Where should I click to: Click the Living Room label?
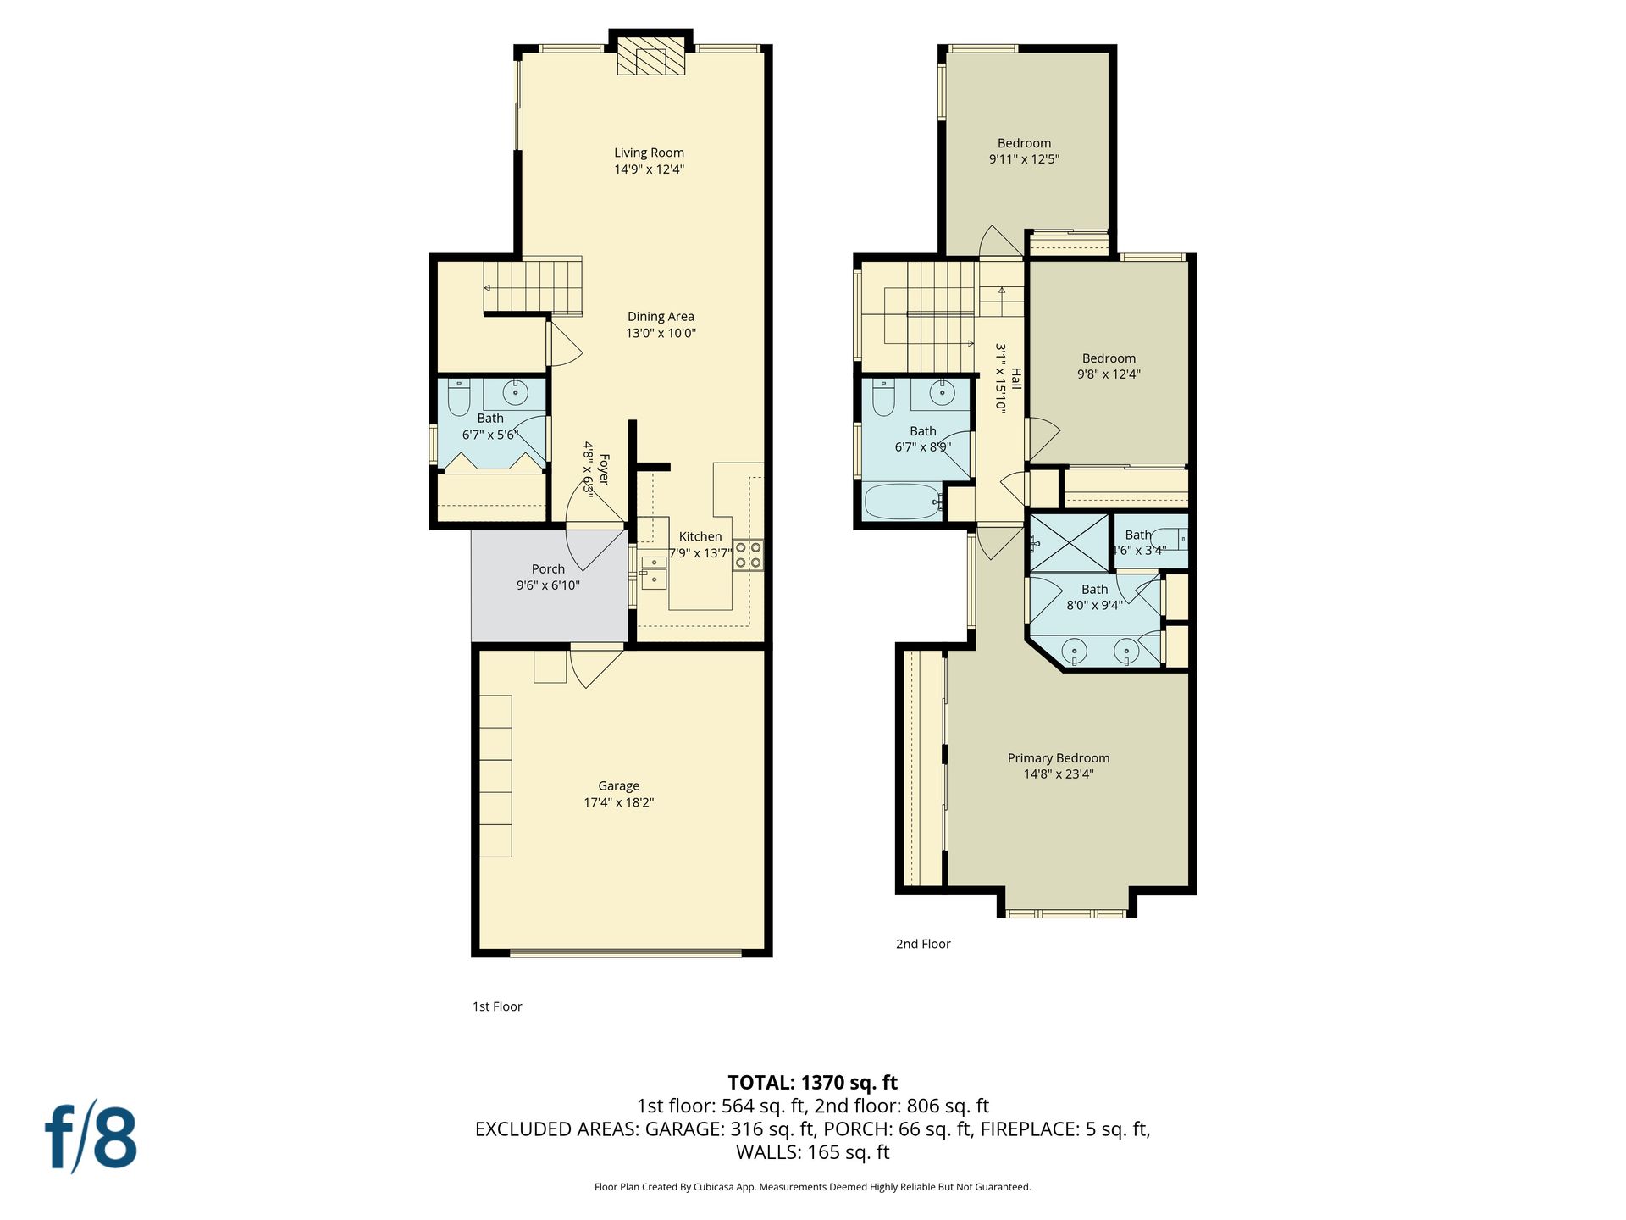[x=649, y=152]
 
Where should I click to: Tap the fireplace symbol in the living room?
[x=650, y=56]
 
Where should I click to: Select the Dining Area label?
[x=661, y=317]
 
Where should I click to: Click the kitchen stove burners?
[x=748, y=554]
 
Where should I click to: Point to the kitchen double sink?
[x=653, y=572]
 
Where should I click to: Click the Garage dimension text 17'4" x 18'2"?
[x=619, y=802]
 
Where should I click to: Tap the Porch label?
[x=548, y=569]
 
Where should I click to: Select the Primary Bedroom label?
[x=1059, y=758]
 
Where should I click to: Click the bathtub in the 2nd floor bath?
[x=903, y=502]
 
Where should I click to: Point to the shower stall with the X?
[x=1069, y=542]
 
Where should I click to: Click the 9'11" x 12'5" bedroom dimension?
[x=1025, y=159]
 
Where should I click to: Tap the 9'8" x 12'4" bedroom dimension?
[x=1109, y=374]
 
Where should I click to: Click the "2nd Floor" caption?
[x=923, y=944]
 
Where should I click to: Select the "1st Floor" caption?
[x=497, y=1006]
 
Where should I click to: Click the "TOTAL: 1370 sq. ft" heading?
[x=813, y=1083]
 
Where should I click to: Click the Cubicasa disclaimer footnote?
[x=813, y=1187]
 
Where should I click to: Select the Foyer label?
[x=604, y=469]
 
